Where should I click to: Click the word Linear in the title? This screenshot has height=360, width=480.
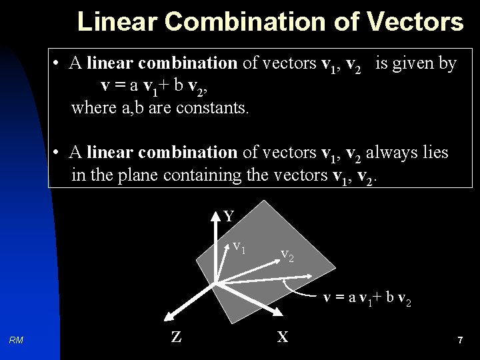click(117, 21)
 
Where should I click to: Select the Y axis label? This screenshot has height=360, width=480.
click(229, 217)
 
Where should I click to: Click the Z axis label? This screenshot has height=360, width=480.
click(176, 337)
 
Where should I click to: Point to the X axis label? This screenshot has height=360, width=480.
click(283, 337)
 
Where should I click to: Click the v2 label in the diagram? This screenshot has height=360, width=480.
click(287, 254)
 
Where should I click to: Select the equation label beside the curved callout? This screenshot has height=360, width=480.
click(367, 299)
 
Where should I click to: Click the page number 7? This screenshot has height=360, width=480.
click(460, 341)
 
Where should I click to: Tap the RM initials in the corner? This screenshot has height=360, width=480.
click(17, 341)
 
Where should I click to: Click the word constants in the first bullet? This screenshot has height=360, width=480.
click(213, 107)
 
